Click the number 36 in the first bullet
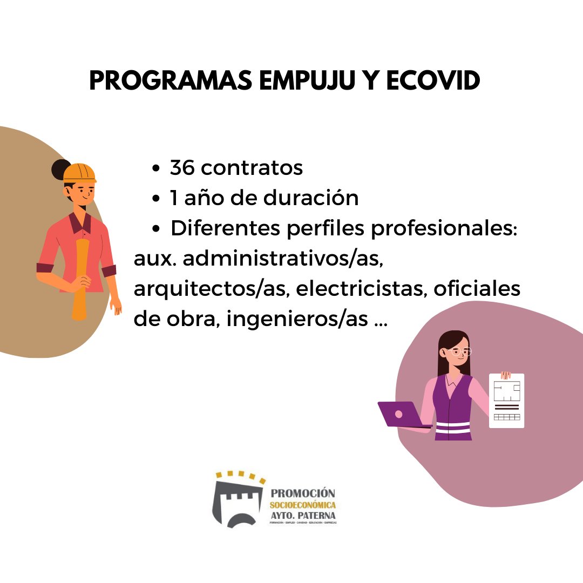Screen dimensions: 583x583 [x=182, y=168]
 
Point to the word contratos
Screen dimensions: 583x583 [x=252, y=168]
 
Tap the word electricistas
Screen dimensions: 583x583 [x=363, y=289]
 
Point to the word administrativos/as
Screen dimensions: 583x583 [x=283, y=259]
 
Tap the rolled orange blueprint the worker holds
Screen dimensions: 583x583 [x=80, y=281]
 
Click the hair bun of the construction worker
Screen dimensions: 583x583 [x=59, y=170]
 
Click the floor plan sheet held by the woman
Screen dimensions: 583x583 [x=506, y=401]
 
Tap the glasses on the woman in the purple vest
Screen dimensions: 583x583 [x=460, y=351]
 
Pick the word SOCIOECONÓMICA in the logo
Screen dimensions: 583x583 [x=302, y=505]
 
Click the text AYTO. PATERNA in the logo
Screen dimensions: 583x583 [x=302, y=515]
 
